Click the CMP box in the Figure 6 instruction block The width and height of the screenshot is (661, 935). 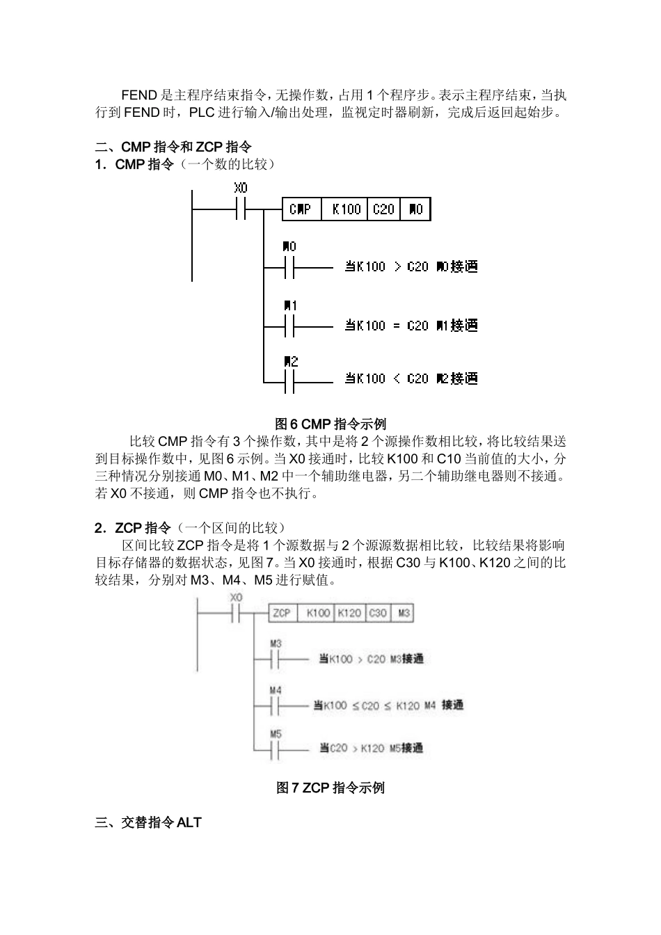click(x=301, y=209)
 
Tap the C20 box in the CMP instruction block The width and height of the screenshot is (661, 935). click(x=383, y=209)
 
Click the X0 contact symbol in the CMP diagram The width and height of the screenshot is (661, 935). click(x=241, y=209)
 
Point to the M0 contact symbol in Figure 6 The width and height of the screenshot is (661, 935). click(x=289, y=266)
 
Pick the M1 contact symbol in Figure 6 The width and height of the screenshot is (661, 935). click(x=289, y=326)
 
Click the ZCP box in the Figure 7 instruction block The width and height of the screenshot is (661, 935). click(x=282, y=613)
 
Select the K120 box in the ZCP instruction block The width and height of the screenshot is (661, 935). click(x=349, y=613)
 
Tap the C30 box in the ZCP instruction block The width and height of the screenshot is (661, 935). click(x=378, y=613)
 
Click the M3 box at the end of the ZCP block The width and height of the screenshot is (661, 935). click(x=403, y=613)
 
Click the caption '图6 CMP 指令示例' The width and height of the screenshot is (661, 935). click(x=330, y=424)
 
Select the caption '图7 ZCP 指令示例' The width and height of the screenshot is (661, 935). click(x=330, y=788)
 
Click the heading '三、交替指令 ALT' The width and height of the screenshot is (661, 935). click(x=148, y=822)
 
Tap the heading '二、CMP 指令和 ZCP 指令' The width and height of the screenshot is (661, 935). click(x=173, y=147)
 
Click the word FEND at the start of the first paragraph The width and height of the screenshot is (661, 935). click(x=139, y=95)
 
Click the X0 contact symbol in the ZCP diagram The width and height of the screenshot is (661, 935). click(x=237, y=613)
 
